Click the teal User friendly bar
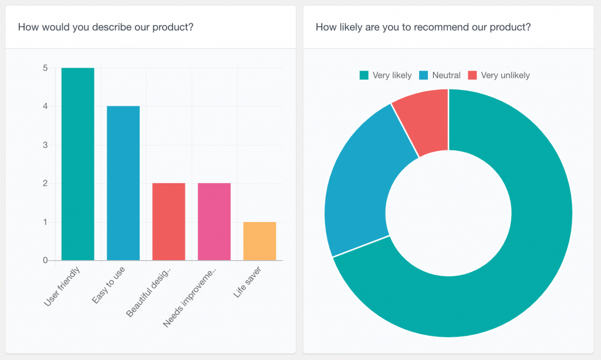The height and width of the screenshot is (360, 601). click(x=77, y=164)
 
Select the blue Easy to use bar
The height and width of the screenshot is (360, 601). click(x=123, y=183)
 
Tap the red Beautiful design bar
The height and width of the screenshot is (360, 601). click(x=168, y=222)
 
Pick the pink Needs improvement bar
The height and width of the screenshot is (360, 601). click(x=214, y=222)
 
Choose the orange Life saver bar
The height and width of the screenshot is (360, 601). click(x=259, y=241)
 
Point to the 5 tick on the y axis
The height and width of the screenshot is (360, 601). click(x=45, y=68)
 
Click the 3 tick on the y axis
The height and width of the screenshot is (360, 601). click(x=45, y=145)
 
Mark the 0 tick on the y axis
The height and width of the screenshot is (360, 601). click(x=45, y=260)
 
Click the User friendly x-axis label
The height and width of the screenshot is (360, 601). click(x=63, y=286)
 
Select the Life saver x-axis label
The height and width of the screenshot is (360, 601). click(x=247, y=282)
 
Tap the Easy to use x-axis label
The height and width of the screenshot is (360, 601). click(x=109, y=285)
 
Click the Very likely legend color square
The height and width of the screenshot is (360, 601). click(x=364, y=75)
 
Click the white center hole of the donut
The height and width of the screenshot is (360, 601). click(x=448, y=213)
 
